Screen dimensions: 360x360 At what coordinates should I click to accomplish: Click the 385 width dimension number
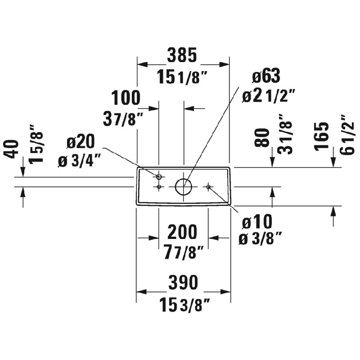[x=182, y=55]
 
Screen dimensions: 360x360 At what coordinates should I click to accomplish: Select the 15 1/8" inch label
[x=183, y=77]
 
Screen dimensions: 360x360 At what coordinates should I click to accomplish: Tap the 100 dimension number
[x=126, y=98]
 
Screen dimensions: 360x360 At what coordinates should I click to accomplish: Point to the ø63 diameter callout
[x=266, y=76]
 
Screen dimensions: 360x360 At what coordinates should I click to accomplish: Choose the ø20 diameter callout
[x=81, y=141]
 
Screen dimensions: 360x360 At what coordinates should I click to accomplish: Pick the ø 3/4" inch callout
[x=79, y=161]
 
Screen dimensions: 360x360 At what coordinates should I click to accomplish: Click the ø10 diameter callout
[x=257, y=221]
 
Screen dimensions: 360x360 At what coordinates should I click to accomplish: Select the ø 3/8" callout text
[x=260, y=239]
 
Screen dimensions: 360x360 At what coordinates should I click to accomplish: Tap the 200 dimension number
[x=182, y=232]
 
